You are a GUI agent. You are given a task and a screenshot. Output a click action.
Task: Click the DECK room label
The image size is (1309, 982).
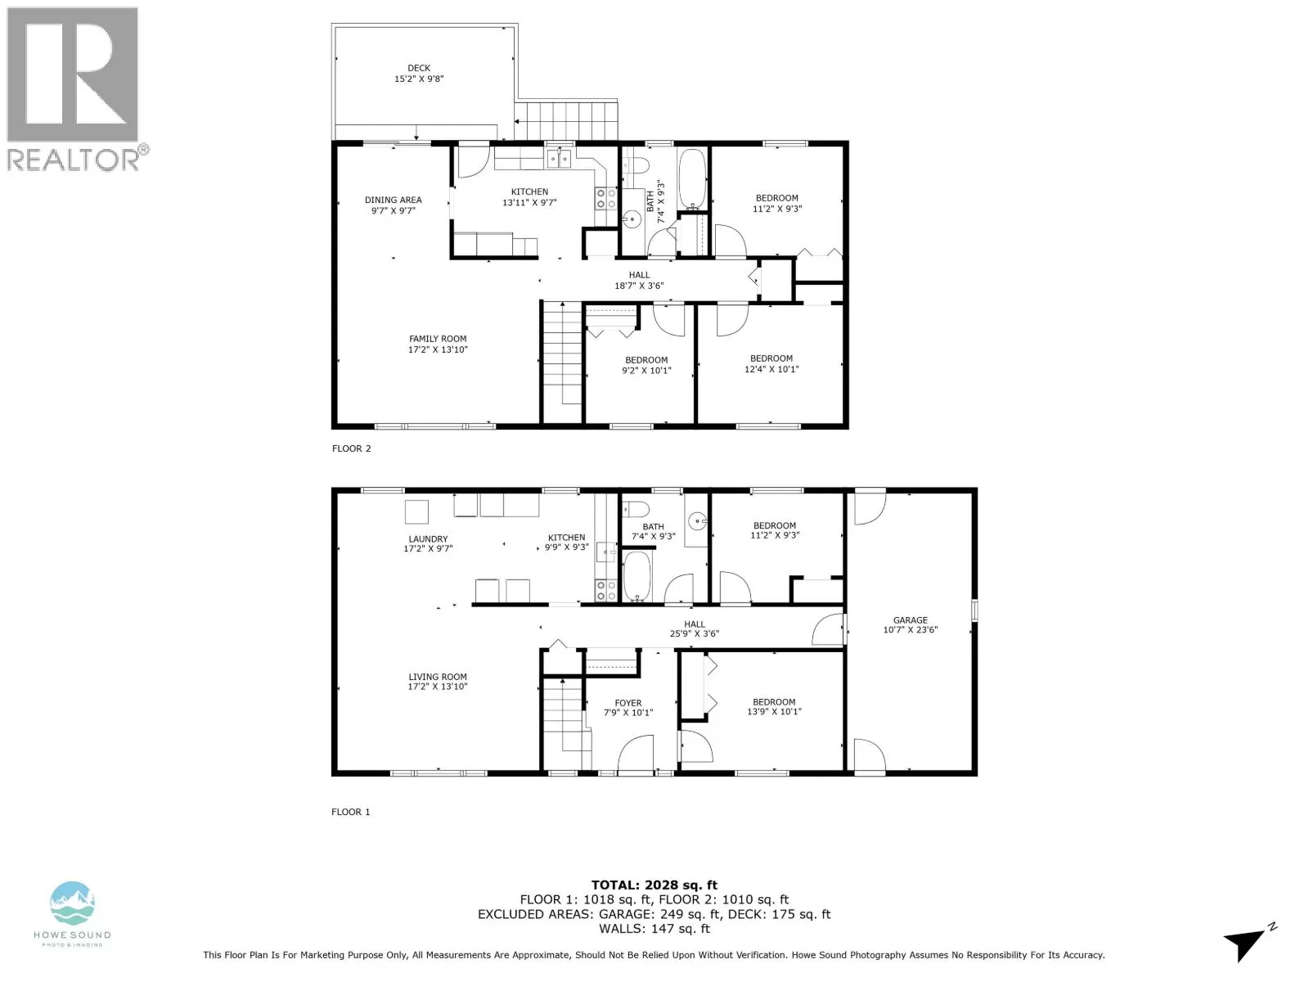(419, 68)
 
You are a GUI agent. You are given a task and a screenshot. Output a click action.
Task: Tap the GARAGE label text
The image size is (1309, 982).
(910, 620)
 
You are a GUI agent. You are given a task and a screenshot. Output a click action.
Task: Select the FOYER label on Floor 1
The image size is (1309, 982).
(628, 703)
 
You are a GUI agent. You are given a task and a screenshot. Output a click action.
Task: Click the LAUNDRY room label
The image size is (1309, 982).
(428, 538)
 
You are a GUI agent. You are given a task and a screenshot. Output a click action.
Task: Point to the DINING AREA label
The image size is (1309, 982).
(393, 200)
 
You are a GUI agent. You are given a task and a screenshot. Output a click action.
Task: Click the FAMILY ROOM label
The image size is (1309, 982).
(438, 339)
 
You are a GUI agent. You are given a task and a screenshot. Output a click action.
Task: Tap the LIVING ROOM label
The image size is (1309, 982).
(437, 677)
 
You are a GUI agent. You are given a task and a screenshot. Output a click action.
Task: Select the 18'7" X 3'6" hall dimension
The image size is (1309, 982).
(639, 286)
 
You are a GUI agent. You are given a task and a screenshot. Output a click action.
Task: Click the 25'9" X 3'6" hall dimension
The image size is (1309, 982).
(694, 633)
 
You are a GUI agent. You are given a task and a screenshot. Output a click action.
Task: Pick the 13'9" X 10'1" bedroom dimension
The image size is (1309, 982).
(774, 711)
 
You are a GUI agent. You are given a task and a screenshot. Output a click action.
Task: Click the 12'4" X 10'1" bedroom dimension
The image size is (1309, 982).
(771, 369)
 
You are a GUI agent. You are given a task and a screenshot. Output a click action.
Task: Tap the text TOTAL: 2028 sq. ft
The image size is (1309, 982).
(654, 885)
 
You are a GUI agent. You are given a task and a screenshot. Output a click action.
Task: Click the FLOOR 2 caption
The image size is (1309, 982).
(351, 448)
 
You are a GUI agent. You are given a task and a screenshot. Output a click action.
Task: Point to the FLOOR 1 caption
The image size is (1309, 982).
(351, 812)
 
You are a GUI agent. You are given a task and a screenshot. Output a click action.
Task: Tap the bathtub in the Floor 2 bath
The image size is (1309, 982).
(692, 178)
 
